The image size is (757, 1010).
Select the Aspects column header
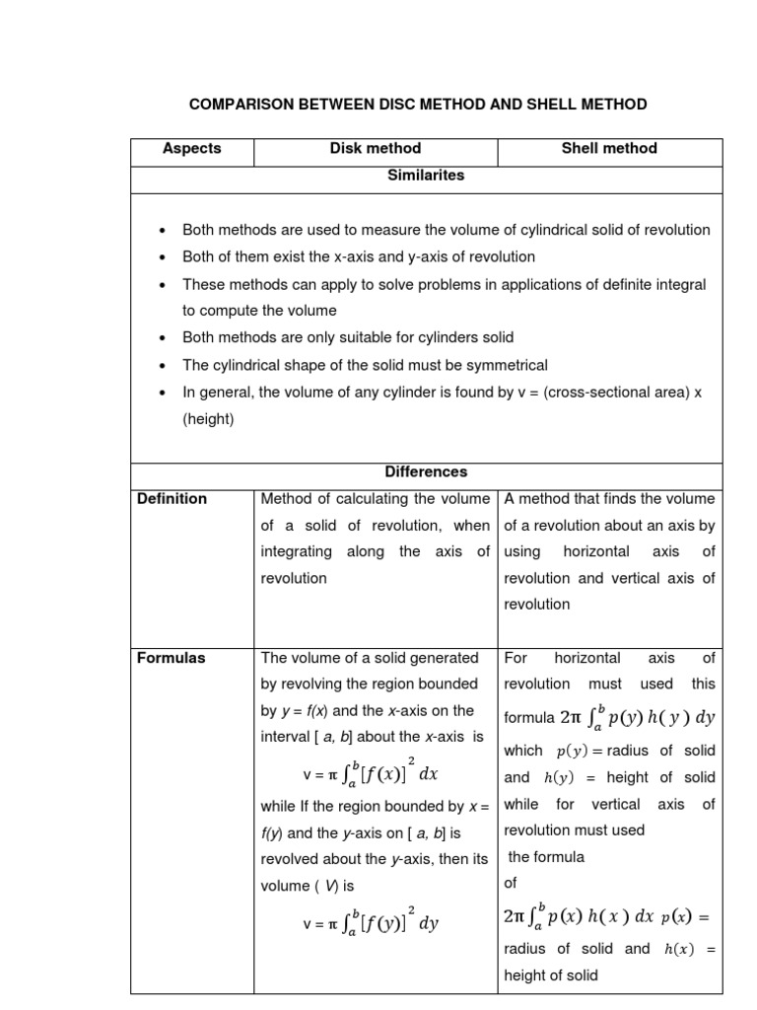[x=192, y=149]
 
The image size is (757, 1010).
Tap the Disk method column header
[x=376, y=149]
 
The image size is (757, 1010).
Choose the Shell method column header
[x=609, y=149]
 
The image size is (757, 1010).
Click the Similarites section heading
[x=427, y=176]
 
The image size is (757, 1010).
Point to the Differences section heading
[x=427, y=472]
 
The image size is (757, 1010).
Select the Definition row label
[x=172, y=499]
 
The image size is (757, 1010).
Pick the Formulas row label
[x=172, y=658]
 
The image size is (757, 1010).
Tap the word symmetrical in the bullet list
[x=503, y=365]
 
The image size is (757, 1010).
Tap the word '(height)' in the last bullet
[x=208, y=419]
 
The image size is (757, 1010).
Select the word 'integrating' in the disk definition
[x=297, y=552]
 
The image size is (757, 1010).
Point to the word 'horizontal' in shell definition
[x=601, y=552]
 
